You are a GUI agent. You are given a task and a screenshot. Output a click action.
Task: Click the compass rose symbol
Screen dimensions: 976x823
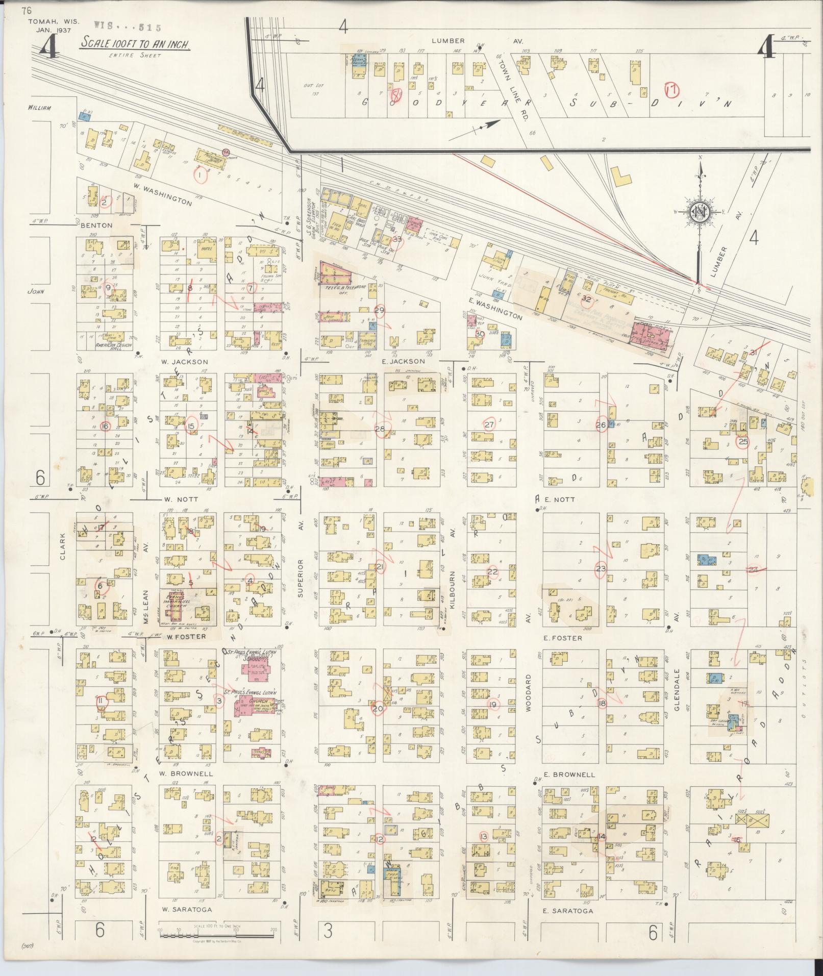coord(699,211)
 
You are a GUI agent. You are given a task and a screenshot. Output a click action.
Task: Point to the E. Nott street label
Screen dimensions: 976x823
coord(560,499)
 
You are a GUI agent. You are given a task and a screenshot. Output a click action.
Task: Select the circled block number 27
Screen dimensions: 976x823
coord(489,424)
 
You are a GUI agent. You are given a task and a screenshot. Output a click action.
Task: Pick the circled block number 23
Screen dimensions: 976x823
coord(602,568)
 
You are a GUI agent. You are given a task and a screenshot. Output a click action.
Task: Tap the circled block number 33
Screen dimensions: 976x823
coord(397,239)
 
